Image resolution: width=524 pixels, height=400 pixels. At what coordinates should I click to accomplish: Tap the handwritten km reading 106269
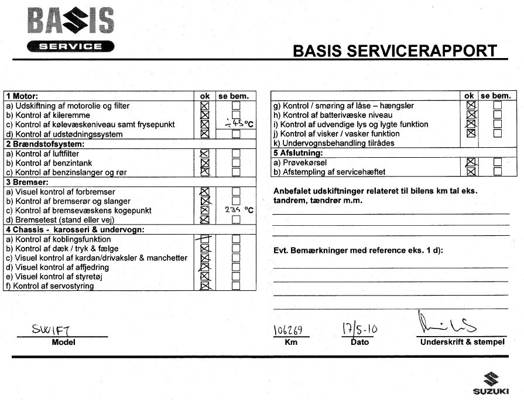tap(288, 331)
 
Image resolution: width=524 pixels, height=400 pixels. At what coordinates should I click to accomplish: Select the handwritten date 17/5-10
tap(359, 328)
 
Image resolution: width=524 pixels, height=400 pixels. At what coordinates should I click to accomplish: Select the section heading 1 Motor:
tap(22, 96)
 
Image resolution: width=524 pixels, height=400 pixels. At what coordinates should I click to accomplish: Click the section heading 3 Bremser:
tap(27, 182)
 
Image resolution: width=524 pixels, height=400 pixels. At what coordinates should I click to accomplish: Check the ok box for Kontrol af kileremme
tap(205, 115)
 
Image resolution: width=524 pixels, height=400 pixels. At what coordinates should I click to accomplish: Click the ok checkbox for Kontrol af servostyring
tap(205, 286)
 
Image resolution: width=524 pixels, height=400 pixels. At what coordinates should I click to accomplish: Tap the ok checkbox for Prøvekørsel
tap(470, 162)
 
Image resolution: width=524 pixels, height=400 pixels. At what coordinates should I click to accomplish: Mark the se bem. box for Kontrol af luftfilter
tap(236, 154)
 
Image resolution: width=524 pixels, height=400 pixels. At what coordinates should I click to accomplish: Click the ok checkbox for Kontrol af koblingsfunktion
tap(205, 239)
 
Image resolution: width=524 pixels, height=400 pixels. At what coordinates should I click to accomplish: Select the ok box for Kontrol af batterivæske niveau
tap(470, 115)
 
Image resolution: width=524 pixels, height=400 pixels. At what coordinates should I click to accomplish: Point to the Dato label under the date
tap(359, 342)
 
